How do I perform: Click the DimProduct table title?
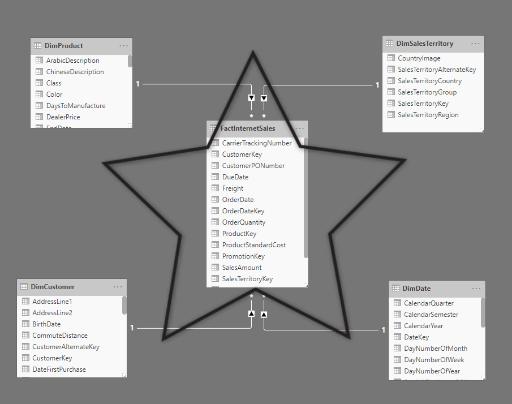pos(64,46)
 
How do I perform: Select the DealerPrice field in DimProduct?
pos(63,117)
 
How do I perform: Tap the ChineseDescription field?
pos(75,72)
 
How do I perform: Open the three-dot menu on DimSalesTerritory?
pos(475,44)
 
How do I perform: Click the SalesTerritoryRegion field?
pos(428,115)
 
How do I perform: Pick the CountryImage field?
pos(419,58)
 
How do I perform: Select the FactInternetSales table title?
pos(248,128)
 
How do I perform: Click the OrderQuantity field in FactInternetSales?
pos(244,222)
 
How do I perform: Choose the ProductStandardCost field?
pos(253,245)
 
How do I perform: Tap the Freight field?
pos(233,188)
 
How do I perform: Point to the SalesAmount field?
pos(242,268)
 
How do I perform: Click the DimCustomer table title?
pos(53,287)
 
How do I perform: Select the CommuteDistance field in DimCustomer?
pos(60,336)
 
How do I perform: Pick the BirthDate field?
pos(46,324)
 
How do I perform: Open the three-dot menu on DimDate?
pos(476,289)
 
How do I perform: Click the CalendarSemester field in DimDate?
pos(431,315)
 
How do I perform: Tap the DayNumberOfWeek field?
pos(434,360)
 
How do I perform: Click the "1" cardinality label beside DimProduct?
pos(138,84)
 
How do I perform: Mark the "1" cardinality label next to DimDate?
pos(384,330)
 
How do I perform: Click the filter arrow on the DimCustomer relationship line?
pos(251,313)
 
